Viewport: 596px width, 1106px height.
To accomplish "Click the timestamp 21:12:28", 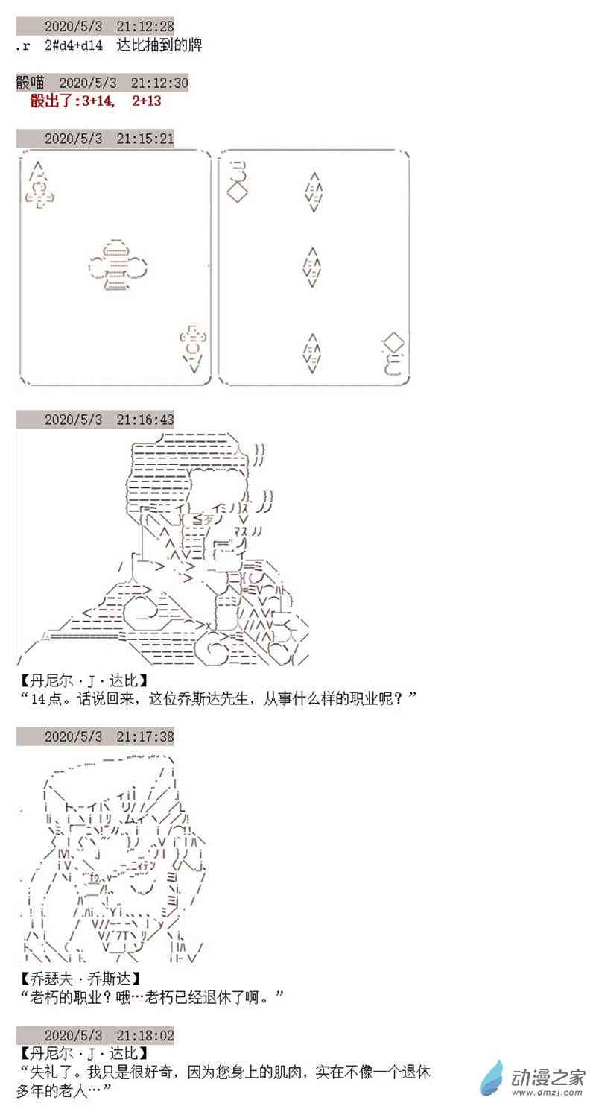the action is [145, 25].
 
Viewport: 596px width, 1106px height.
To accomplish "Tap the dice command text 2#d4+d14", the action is [74, 45].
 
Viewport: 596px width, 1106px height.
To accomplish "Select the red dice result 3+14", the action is [98, 101].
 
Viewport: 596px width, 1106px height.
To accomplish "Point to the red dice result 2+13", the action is [147, 101].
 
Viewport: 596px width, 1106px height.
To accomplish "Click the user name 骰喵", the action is [30, 82].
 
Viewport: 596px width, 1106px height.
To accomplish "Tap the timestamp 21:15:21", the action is [145, 138].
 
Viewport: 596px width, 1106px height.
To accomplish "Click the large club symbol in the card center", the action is [118, 265].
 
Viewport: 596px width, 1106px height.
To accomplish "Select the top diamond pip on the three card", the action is [314, 192].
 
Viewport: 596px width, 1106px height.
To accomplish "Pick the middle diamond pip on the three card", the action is [312, 267].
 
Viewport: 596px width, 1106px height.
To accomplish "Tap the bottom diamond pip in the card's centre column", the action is [312, 353].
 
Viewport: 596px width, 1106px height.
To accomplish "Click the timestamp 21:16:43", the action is [145, 419].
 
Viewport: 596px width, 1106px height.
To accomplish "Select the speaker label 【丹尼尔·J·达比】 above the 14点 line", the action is [84, 681].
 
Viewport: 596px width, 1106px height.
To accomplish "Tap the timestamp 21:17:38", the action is [145, 736].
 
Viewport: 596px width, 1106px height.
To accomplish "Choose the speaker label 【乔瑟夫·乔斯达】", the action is [80, 978].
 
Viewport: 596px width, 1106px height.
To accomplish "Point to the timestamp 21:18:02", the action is [145, 1034].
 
